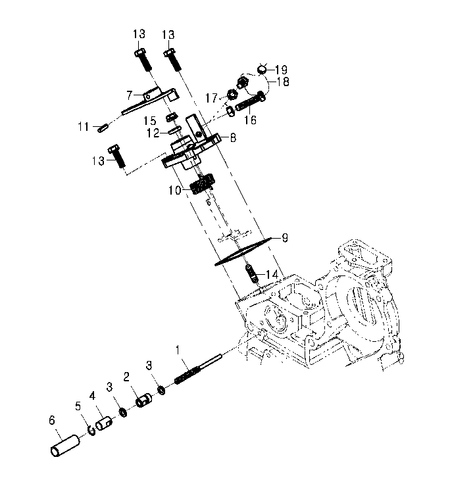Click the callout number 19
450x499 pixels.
(281, 70)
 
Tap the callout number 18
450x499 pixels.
(283, 82)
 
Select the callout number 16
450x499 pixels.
(250, 120)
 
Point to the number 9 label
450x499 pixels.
(285, 238)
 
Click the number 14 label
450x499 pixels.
(272, 274)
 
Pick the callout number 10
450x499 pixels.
(174, 190)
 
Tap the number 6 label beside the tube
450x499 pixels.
(52, 420)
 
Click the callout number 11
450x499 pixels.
(84, 127)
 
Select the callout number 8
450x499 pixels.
(233, 138)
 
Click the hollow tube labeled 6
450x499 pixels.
(65, 446)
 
